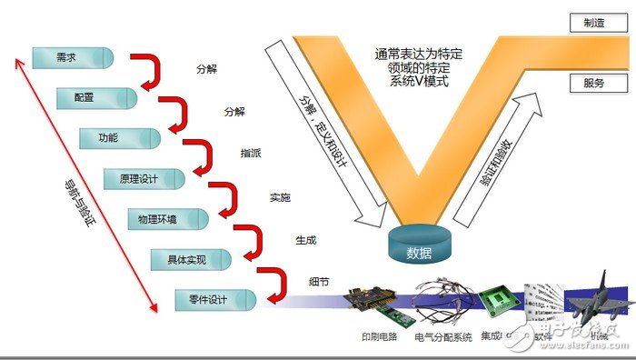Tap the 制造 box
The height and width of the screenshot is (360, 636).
coord(598,22)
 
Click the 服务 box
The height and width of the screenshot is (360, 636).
coord(598,83)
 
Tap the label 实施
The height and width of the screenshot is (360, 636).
coord(280,196)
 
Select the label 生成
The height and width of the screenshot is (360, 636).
coord(305,241)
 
